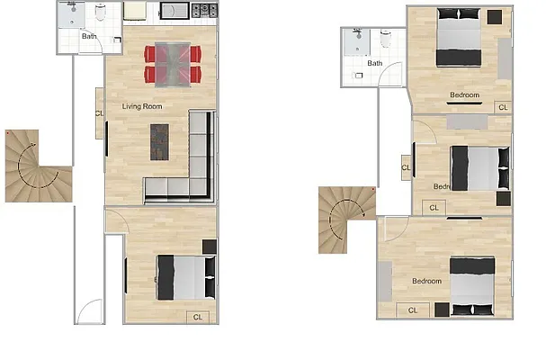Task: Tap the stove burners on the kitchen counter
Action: (205, 11)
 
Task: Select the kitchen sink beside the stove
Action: (173, 11)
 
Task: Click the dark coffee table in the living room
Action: (159, 142)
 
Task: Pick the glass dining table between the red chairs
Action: (173, 64)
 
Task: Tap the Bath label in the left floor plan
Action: (89, 37)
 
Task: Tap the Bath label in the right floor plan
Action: (374, 63)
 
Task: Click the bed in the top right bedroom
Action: (460, 37)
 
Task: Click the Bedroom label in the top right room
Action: (464, 94)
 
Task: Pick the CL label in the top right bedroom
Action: (502, 106)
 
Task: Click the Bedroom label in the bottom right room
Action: (426, 282)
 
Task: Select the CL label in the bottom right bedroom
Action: (413, 310)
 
